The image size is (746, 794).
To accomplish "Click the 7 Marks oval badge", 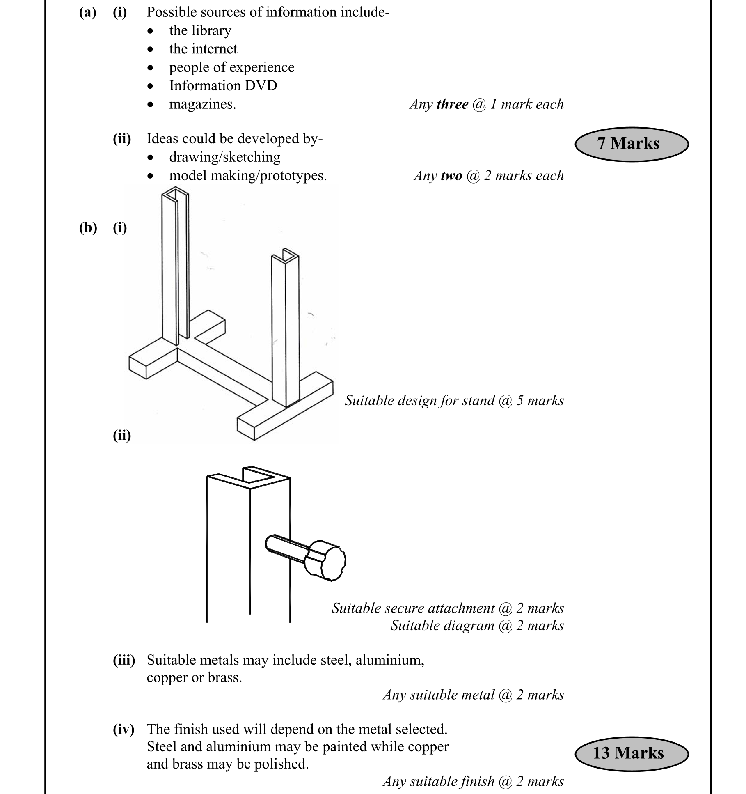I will pyautogui.click(x=631, y=144).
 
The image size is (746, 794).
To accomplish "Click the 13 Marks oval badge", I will pyautogui.click(x=631, y=753).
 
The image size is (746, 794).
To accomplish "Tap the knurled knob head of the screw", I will pyautogui.click(x=327, y=560).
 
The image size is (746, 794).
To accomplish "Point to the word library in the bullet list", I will pyautogui.click(x=212, y=31).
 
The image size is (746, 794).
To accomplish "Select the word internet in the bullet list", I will pyautogui.click(x=215, y=49).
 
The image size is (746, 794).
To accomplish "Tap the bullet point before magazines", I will pyautogui.click(x=151, y=105).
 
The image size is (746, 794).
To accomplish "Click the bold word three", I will pyautogui.click(x=453, y=104).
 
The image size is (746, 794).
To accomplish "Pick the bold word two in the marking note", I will pyautogui.click(x=452, y=176).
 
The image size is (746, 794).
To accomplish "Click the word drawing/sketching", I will pyautogui.click(x=224, y=157).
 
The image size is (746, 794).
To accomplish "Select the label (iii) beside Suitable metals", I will pyautogui.click(x=124, y=661).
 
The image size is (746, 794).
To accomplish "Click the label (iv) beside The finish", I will pyautogui.click(x=124, y=730).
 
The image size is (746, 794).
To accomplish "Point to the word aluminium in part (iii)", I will pyautogui.click(x=389, y=661).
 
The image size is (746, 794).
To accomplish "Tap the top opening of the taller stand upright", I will pyautogui.click(x=176, y=193).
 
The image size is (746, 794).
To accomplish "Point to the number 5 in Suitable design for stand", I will pyautogui.click(x=520, y=401).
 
